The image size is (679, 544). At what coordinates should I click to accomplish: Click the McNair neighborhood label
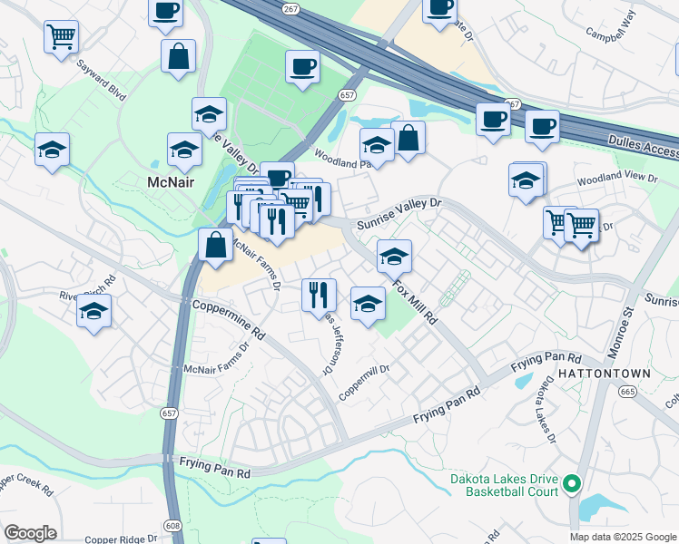coord(172,181)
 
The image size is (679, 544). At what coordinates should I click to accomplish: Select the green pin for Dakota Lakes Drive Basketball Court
coord(571,485)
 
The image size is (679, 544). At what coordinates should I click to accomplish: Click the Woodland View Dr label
coord(609,180)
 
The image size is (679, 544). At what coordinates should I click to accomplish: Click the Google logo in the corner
coord(30,533)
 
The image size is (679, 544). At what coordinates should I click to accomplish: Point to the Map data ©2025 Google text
coord(623,537)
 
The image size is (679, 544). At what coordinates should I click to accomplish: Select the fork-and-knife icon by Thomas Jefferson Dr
coord(319,293)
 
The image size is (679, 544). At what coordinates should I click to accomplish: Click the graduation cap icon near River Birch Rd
coord(93,312)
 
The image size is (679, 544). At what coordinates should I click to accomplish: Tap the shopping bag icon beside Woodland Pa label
coord(408,138)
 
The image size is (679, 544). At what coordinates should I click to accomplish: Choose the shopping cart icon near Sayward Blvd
coord(62,37)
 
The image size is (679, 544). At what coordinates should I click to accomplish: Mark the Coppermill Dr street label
coord(364,384)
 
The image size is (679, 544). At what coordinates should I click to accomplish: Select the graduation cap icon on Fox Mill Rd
coord(394,256)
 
